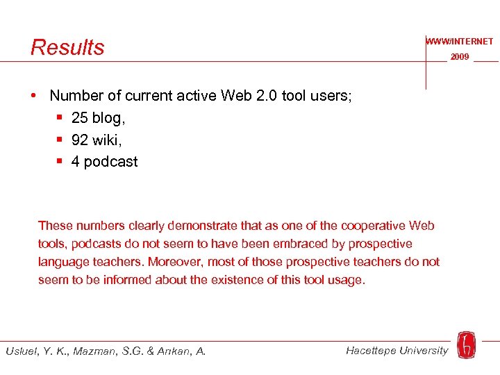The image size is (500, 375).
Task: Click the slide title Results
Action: [x=67, y=47]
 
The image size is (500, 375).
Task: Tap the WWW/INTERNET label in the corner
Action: [x=460, y=42]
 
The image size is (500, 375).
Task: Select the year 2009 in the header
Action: [x=460, y=57]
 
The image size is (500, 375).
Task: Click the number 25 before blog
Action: [x=79, y=119]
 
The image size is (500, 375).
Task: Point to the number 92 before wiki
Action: [x=79, y=140]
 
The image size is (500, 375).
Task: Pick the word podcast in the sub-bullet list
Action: [x=110, y=162]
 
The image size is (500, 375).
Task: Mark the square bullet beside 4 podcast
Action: [x=60, y=162]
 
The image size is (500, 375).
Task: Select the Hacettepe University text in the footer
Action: [x=397, y=350]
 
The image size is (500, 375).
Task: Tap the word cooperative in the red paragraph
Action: [x=372, y=226]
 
